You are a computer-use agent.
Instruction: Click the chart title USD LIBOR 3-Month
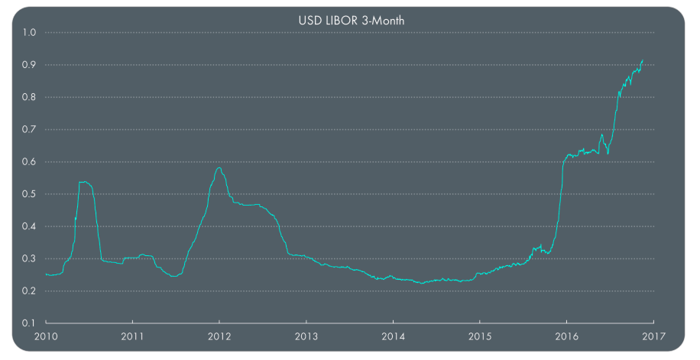point(351,20)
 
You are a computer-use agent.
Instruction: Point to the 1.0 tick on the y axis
point(30,33)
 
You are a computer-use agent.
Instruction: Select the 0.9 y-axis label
point(30,65)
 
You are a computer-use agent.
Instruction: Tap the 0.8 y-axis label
point(30,97)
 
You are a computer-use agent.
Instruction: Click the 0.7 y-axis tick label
point(30,130)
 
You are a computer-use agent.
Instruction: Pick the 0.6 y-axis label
point(30,162)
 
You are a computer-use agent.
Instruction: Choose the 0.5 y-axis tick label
point(30,194)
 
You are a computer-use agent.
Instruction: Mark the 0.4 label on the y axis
point(30,226)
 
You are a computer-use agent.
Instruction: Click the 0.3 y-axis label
point(30,258)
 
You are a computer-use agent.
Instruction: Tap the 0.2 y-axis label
point(30,291)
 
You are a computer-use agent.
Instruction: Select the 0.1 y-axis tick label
point(30,323)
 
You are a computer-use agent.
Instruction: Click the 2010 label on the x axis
point(46,336)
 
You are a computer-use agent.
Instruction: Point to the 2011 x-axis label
point(133,336)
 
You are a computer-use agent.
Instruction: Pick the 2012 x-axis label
point(219,336)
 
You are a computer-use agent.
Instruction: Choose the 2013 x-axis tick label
point(306,336)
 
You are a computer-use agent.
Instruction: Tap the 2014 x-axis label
point(393,336)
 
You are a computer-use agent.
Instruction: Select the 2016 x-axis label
point(566,336)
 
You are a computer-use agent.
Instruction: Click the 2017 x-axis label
point(653,336)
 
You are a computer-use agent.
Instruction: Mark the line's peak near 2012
point(219,167)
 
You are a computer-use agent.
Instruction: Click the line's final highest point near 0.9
point(643,60)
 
